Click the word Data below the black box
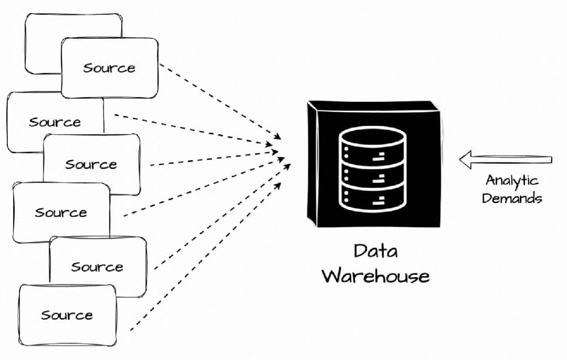click(375, 251)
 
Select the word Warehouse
click(375, 276)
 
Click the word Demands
click(512, 198)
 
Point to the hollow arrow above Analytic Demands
click(507, 160)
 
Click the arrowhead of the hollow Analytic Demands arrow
click(465, 160)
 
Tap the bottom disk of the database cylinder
click(373, 198)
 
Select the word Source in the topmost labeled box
click(109, 68)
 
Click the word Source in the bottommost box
click(67, 315)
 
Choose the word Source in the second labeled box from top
click(55, 122)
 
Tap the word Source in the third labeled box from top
click(91, 164)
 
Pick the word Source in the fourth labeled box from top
click(61, 213)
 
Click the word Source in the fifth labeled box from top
click(97, 267)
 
